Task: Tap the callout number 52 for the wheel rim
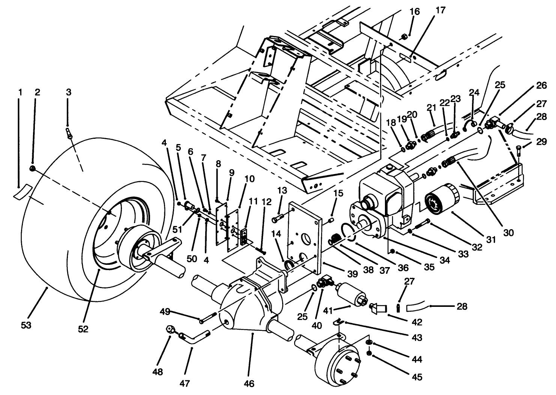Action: tap(83, 329)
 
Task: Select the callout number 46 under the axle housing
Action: tap(249, 383)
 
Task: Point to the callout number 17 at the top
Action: tap(440, 10)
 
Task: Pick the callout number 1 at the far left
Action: tap(20, 92)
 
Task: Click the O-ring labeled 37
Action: tap(348, 233)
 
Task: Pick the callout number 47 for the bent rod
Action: tap(185, 383)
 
